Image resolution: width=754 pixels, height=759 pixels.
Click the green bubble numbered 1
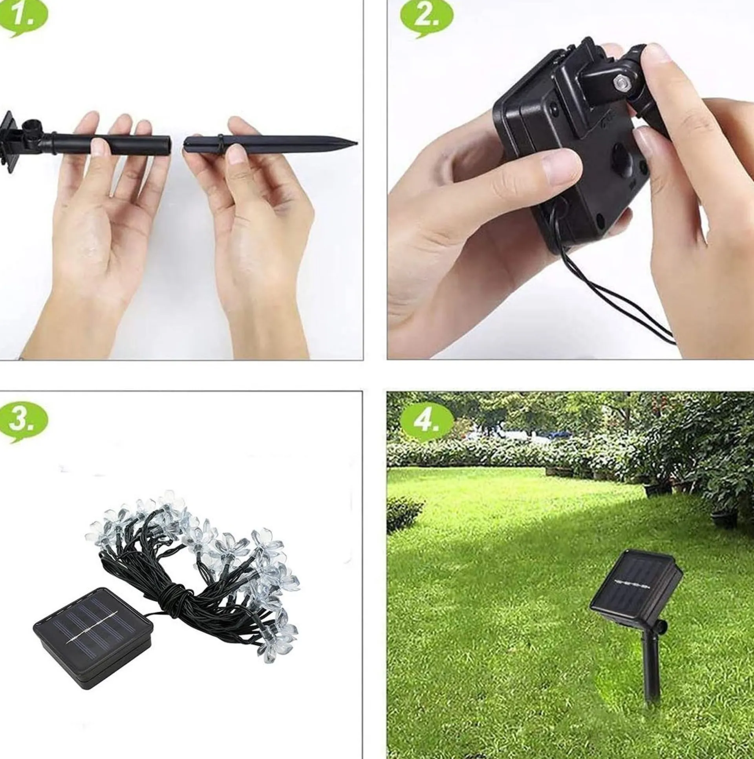click(24, 18)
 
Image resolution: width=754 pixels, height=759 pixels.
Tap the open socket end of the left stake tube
click(170, 144)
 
